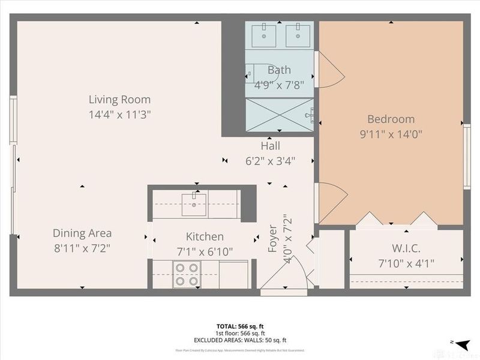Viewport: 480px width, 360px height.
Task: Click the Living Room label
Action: [x=119, y=100]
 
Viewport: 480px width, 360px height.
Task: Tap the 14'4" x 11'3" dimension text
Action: [x=119, y=114]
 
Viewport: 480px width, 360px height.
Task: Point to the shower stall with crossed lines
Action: [x=279, y=115]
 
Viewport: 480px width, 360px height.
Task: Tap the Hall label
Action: [x=270, y=146]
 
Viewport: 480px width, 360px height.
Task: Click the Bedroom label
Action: [x=391, y=119]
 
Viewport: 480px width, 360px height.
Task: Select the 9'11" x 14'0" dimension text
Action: [x=391, y=134]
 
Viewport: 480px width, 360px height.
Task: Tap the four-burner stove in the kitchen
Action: [x=186, y=274]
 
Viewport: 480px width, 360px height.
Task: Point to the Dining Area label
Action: [x=82, y=233]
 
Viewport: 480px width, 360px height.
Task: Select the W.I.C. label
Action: [x=406, y=248]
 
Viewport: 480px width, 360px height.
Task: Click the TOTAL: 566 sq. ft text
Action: [x=239, y=327]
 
